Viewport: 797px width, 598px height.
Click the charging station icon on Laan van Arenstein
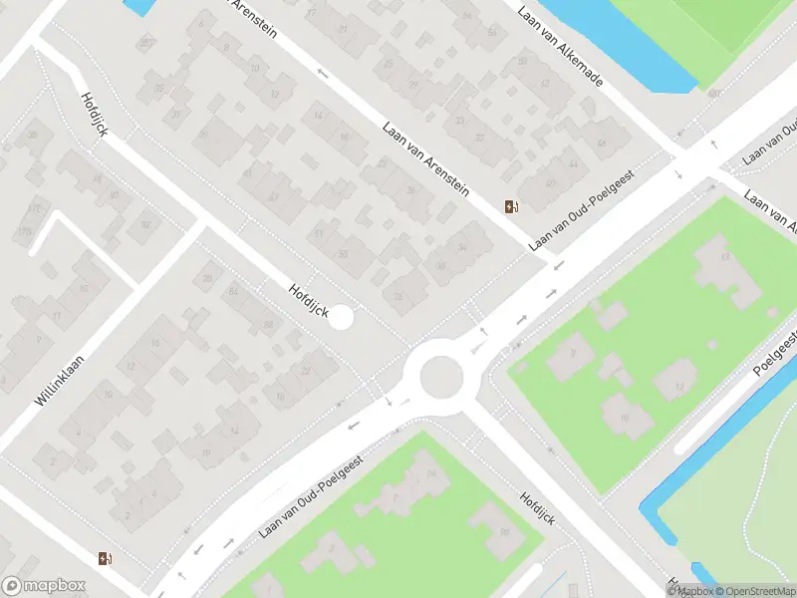point(512,206)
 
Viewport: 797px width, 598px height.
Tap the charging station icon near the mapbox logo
point(106,559)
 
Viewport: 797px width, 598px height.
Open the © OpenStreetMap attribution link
point(753,591)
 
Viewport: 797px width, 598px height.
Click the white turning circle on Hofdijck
point(341,318)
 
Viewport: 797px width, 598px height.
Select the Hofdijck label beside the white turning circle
point(307,300)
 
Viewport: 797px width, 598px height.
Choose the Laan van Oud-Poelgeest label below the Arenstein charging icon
point(581,216)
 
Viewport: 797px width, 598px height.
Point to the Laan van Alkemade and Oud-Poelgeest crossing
point(697,159)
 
